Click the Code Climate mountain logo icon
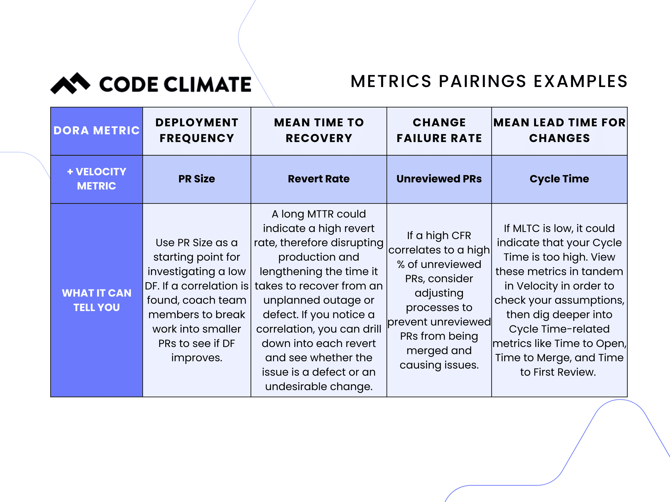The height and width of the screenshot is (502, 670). pos(70,83)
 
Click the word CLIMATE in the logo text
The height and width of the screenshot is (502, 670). pos(207,84)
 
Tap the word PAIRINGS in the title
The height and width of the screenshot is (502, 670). pos(482,81)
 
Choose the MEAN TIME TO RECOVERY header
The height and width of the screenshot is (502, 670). pos(319,131)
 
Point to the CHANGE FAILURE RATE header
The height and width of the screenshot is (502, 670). pos(439,131)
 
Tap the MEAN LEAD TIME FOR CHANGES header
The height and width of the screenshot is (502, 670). pos(559,131)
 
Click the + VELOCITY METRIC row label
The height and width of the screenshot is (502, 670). pos(97,179)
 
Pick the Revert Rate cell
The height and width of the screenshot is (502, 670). pos(319,179)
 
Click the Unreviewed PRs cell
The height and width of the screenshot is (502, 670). pos(439,179)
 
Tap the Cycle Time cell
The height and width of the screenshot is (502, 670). pos(559,179)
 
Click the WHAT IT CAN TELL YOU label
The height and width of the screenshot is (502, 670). pos(97,300)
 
